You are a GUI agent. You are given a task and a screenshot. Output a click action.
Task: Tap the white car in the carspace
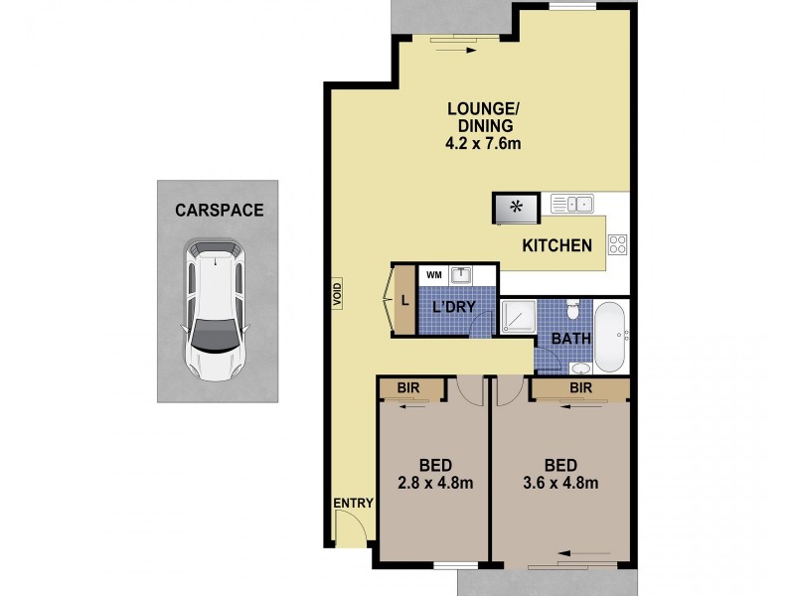point(216,311)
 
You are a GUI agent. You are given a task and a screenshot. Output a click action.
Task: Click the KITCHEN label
point(557,245)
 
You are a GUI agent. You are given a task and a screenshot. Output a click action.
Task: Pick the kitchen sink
point(572,205)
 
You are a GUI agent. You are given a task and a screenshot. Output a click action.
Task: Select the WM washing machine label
point(434,273)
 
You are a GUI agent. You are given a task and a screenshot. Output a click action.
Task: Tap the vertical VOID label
point(337,294)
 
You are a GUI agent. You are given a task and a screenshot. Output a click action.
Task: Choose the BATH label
point(571,339)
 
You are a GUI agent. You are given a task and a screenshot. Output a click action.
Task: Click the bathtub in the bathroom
point(609,337)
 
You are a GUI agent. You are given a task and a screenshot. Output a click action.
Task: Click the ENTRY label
point(353,504)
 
